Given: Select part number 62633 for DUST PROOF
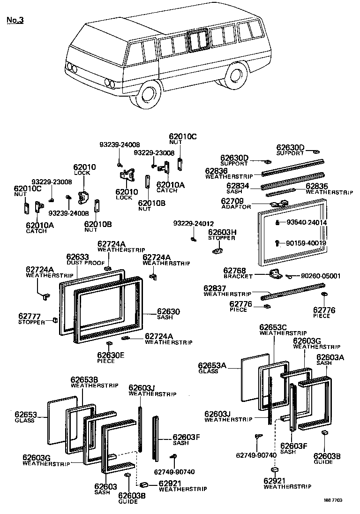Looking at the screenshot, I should click(77, 257).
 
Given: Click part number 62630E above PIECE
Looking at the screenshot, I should click(111, 355).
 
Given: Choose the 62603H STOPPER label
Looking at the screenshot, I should click(222, 232).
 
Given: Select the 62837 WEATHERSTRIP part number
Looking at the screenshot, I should click(215, 288).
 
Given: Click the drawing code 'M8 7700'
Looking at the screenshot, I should click(333, 500).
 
